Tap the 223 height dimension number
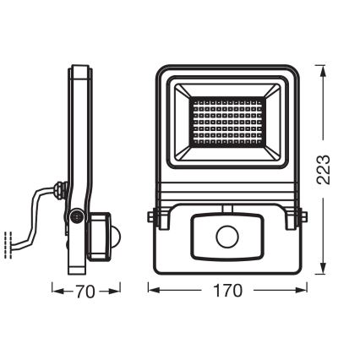pyautogui.click(x=335, y=170)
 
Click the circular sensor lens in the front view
pyautogui.click(x=227, y=237)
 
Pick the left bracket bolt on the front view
pyautogui.click(x=150, y=219)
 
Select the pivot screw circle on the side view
pyautogui.click(x=78, y=217)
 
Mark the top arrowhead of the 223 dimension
pyautogui.click(x=325, y=64)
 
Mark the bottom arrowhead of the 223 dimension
pyautogui.click(x=325, y=275)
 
